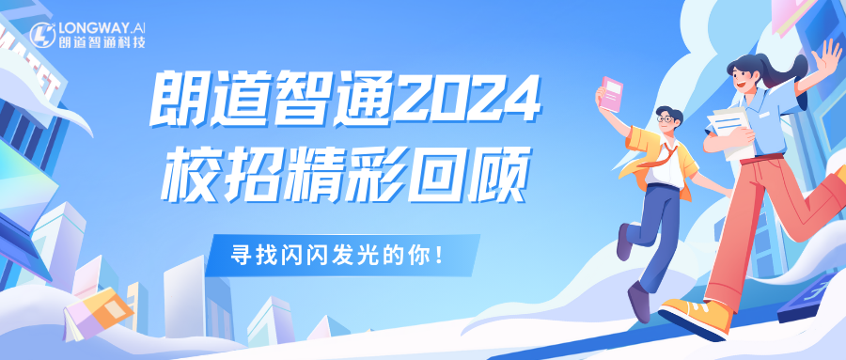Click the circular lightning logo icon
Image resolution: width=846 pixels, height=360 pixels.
tap(42, 35)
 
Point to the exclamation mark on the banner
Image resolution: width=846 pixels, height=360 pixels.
tap(442, 254)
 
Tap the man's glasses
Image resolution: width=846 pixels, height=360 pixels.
tap(665, 119)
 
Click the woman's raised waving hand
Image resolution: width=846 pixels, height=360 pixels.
tap(828, 59)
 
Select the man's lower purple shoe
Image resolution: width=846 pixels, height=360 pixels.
tap(639, 303)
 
